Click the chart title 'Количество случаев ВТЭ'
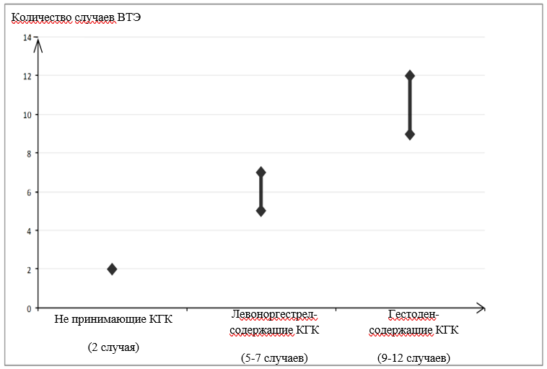click(75, 17)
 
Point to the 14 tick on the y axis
click(27, 37)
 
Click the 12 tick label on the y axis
click(27, 76)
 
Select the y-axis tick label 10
click(27, 115)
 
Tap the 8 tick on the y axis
click(29, 153)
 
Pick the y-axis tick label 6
click(29, 192)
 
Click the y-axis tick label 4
click(29, 231)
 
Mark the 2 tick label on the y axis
click(29, 269)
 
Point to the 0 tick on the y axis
click(29, 308)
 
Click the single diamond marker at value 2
click(112, 269)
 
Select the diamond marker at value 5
click(261, 211)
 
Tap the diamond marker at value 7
click(261, 172)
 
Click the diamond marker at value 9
click(410, 134)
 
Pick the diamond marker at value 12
click(410, 76)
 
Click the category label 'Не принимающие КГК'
click(113, 319)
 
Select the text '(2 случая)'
click(113, 347)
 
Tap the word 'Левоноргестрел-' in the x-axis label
click(274, 315)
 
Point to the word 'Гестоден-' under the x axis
click(413, 315)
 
